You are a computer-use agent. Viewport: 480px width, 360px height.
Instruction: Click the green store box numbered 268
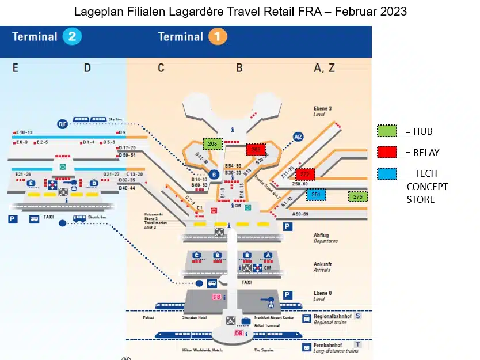coord(212,143)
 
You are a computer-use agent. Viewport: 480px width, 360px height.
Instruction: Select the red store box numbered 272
coord(305,174)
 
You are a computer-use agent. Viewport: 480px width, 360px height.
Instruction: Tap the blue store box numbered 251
coord(316,195)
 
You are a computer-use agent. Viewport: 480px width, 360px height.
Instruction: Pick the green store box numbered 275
coord(358,197)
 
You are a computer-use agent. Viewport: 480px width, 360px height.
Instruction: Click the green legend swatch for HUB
coord(387,131)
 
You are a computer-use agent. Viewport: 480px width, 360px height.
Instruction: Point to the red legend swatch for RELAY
coord(387,152)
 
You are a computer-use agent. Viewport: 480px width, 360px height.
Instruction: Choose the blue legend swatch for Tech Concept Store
coord(387,173)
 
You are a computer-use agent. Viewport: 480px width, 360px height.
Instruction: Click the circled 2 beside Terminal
coord(73,37)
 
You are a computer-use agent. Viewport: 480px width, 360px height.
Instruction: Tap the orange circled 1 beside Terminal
coord(218,37)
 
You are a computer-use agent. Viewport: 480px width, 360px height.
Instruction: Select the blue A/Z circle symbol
coord(298,137)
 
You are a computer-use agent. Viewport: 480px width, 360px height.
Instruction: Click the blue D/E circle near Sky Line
coord(63,124)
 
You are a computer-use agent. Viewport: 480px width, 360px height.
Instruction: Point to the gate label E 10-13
coord(24,132)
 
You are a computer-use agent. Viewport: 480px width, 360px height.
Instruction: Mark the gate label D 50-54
coord(127,155)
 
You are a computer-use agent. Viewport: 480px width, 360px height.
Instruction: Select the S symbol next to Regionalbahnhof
coord(357,316)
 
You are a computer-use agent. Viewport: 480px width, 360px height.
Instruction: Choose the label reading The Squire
coord(264,350)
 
